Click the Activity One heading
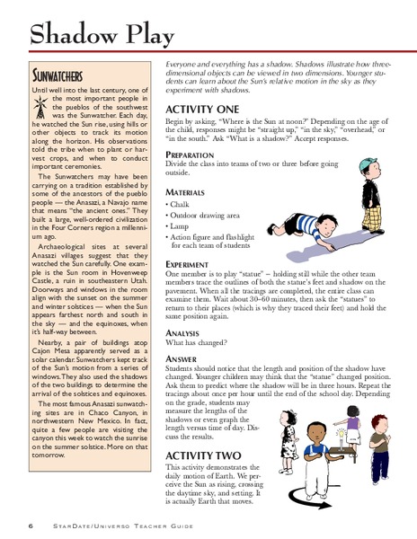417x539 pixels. pyautogui.click(x=202, y=108)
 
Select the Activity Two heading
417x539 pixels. pyautogui.click(x=203, y=456)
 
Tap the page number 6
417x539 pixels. pyautogui.click(x=31, y=524)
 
